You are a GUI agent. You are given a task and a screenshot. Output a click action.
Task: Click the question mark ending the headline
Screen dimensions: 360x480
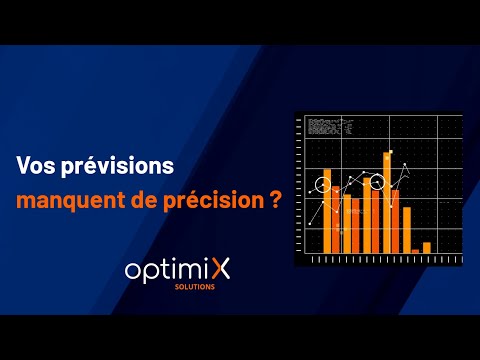(274, 199)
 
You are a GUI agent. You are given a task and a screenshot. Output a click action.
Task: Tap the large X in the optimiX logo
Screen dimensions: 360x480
(218, 270)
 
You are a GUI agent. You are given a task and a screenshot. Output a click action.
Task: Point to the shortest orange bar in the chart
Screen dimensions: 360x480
(415, 250)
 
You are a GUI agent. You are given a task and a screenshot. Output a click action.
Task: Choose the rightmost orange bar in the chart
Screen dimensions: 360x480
(427, 247)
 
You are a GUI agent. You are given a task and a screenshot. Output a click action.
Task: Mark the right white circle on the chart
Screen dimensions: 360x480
(377, 183)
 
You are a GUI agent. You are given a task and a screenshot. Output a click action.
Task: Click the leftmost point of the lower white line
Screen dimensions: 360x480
(309, 225)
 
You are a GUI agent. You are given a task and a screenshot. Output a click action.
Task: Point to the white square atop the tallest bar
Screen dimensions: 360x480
(387, 155)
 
